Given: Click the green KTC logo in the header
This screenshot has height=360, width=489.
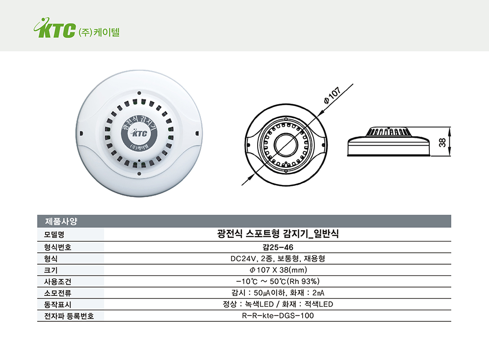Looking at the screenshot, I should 54,29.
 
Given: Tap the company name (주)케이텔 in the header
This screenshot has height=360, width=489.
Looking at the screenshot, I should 99,33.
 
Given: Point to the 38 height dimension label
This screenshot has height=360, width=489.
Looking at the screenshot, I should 442,142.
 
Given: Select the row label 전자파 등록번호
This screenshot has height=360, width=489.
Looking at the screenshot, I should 66,315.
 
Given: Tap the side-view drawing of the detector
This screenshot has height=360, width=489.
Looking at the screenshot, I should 388,141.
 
